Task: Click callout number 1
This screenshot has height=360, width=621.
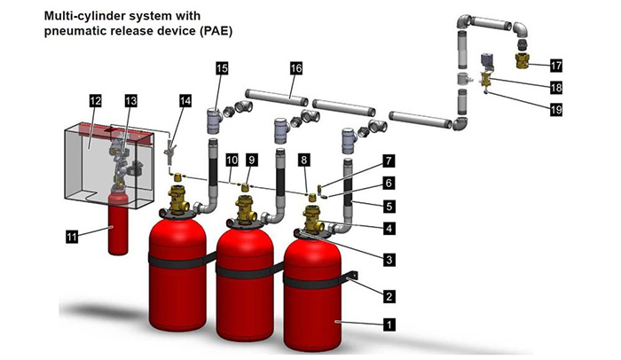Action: point(388,325)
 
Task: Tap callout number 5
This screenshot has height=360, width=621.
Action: point(388,206)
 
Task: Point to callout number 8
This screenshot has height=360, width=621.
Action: point(305,160)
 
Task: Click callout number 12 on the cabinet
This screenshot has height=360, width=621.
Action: point(95,102)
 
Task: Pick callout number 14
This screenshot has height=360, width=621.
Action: point(185,102)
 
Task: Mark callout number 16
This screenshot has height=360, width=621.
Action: point(295,68)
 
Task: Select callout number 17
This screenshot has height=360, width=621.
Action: point(555,65)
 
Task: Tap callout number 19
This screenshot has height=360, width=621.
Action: point(555,110)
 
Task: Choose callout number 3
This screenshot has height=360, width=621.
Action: point(388,258)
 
